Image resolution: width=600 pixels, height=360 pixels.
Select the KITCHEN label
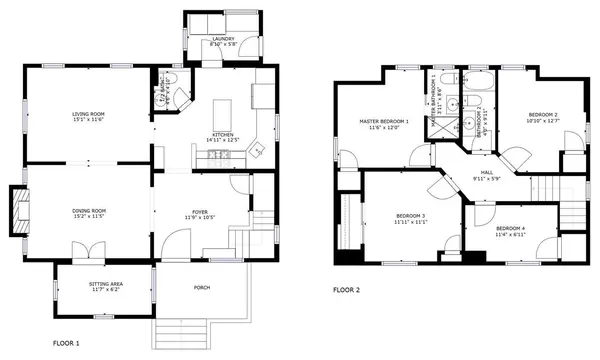(x=222, y=133)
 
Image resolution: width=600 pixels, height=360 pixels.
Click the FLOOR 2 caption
(x=347, y=290)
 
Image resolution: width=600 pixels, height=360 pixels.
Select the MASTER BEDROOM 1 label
(x=384, y=121)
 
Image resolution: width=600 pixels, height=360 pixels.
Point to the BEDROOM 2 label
(x=543, y=114)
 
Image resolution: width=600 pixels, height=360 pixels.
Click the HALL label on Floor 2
(x=487, y=172)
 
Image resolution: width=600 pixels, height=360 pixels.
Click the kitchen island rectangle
(x=222, y=107)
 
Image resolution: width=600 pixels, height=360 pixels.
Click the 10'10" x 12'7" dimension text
(x=543, y=121)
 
